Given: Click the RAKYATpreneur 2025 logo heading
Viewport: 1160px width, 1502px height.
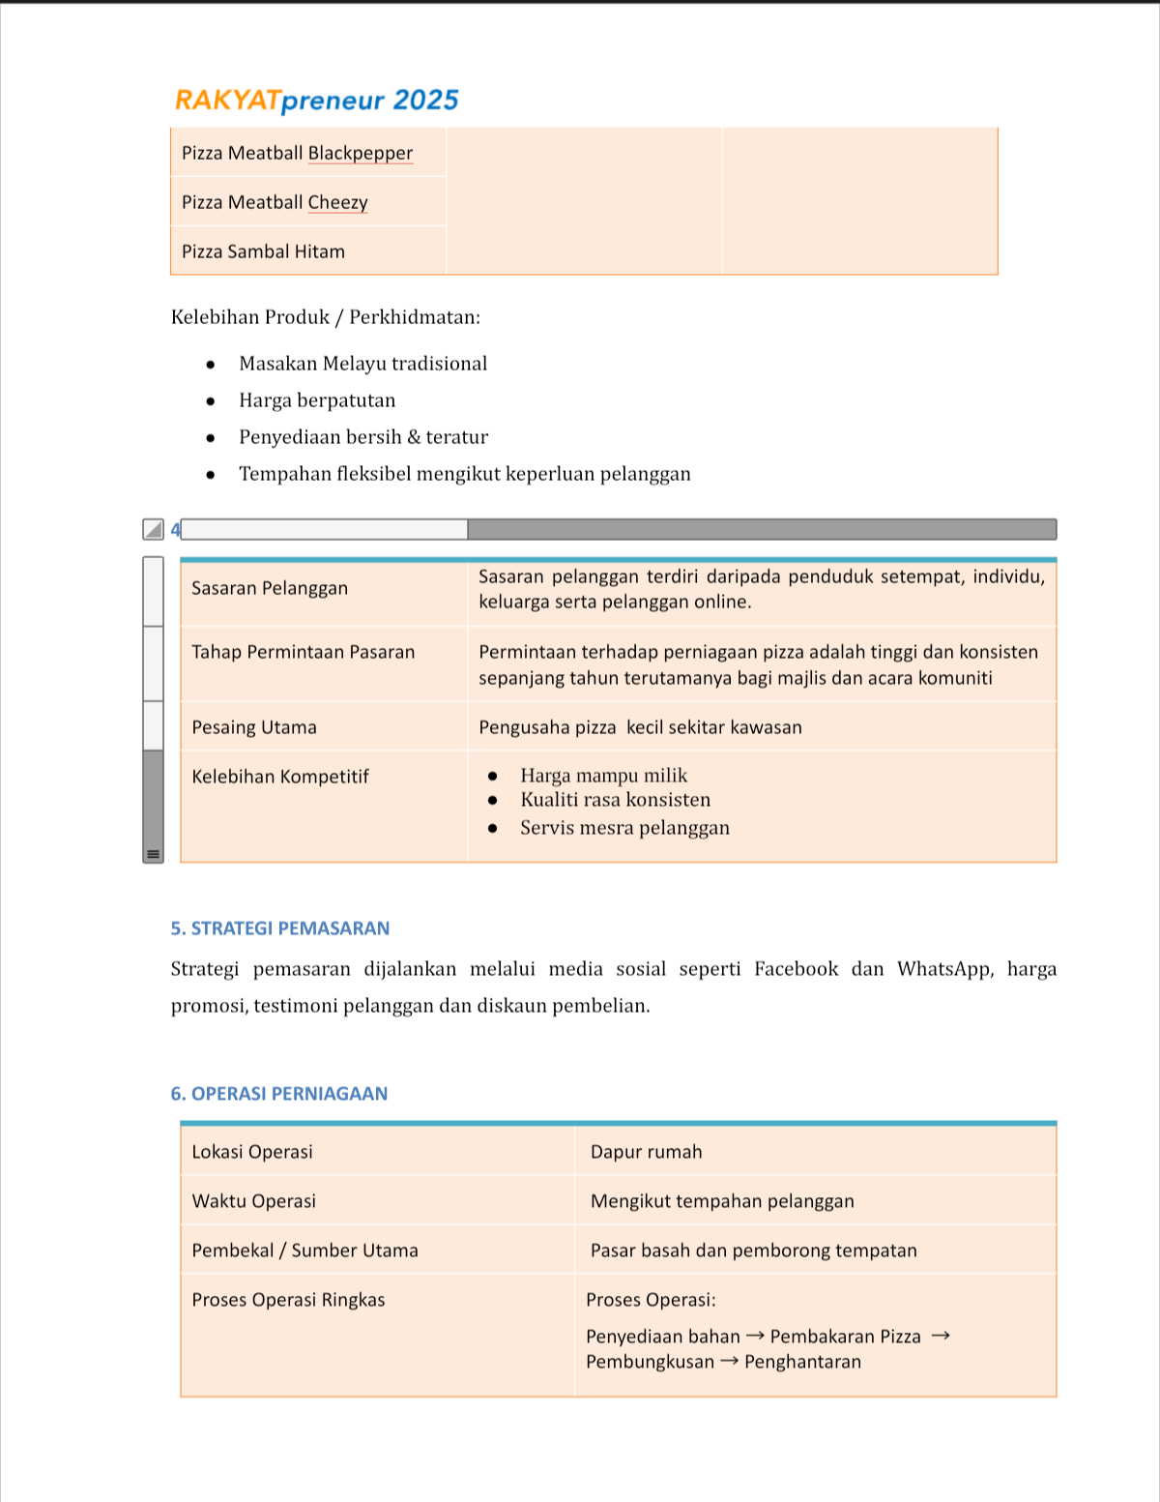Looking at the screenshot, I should (x=316, y=101).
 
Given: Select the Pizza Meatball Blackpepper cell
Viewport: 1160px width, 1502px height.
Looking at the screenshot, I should (x=297, y=153).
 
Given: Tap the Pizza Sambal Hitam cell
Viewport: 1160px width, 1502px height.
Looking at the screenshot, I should (x=263, y=251).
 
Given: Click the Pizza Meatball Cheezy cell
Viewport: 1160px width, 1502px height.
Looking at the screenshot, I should (x=275, y=202).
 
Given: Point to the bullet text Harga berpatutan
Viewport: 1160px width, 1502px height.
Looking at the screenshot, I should (x=317, y=400).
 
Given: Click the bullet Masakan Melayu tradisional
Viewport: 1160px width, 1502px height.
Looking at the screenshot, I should (x=362, y=364).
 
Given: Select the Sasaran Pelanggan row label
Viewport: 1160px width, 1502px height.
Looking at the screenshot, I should (x=270, y=588).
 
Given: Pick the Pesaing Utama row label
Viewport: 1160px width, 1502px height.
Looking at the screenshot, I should (x=254, y=727).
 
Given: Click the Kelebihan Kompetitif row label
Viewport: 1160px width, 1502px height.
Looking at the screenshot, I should (x=280, y=777).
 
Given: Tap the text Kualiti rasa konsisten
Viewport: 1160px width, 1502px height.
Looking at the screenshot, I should (x=615, y=800).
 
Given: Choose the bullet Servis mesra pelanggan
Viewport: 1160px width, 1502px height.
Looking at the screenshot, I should (x=624, y=828).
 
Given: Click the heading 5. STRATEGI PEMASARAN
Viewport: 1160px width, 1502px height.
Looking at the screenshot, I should (x=280, y=928).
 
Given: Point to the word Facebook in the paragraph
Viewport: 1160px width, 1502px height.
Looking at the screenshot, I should (x=796, y=969).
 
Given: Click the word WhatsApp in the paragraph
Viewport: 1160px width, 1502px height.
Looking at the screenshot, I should (x=943, y=969).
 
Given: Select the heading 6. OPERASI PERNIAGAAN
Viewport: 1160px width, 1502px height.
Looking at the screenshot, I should (x=279, y=1094).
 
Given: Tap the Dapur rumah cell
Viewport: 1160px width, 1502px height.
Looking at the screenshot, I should (x=646, y=1152).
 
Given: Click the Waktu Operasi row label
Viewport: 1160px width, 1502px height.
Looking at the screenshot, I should (x=254, y=1201).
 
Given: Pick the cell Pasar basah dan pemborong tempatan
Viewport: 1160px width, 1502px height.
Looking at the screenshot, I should (x=753, y=1251).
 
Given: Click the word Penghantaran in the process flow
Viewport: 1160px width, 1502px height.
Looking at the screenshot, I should (x=802, y=1362).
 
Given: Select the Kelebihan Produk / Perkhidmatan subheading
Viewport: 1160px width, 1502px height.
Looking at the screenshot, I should (x=326, y=317).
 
